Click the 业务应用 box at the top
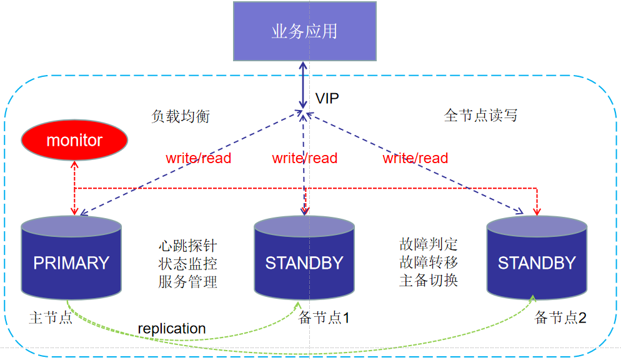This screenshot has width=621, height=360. [305, 31]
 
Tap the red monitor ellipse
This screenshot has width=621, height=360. [74, 140]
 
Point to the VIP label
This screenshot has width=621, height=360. [327, 99]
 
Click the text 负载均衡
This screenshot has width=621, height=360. [181, 116]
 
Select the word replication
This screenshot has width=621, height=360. [172, 328]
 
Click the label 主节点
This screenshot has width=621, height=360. [51, 317]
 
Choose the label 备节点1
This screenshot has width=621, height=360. [324, 317]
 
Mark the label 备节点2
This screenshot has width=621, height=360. [560, 317]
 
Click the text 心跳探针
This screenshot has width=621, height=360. [187, 246]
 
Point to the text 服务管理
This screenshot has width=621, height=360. [187, 282]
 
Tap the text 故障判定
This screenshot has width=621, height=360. [429, 244]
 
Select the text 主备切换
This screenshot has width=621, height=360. [429, 280]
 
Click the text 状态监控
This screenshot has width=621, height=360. [187, 264]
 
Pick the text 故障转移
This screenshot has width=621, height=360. [429, 262]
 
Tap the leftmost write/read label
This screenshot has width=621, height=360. [199, 158]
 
